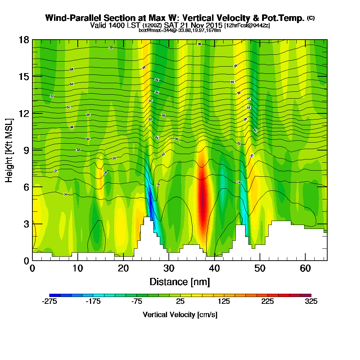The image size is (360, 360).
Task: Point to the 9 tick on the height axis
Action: pos(26,150)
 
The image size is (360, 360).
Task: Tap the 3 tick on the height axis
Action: pos(26,224)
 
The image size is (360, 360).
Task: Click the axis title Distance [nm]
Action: pos(180,281)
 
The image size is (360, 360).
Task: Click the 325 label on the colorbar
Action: pos(311,302)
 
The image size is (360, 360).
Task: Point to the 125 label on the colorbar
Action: pos(224,302)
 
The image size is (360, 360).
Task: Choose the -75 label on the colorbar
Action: pos(136,302)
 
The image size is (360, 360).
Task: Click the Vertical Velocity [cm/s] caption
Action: pos(180,315)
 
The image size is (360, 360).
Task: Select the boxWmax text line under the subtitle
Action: pos(180,30)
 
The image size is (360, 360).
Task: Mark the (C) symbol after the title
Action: pos(310,18)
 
